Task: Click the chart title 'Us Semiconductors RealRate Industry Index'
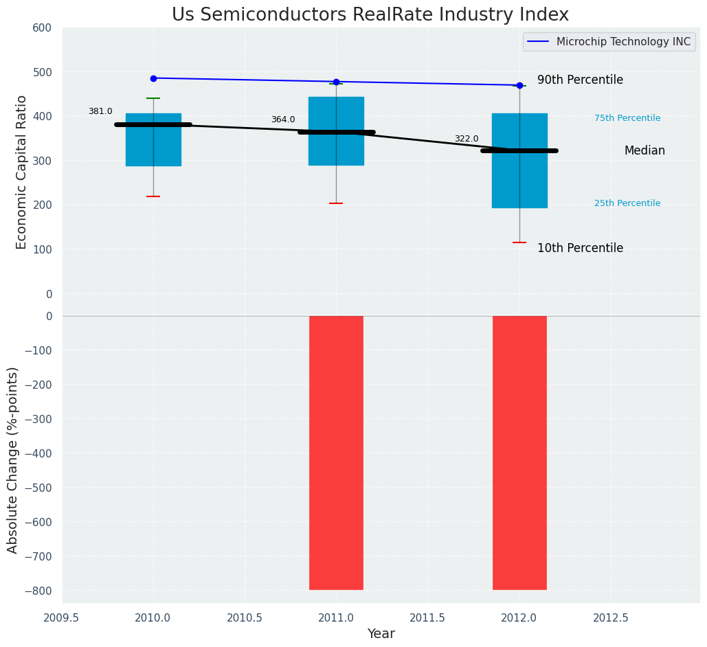[x=370, y=15]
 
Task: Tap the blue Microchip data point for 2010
[x=153, y=78]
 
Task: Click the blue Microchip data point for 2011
[x=336, y=82]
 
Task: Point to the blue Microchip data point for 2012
[x=519, y=85]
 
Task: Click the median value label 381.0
[x=100, y=111]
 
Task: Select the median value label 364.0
[x=283, y=120]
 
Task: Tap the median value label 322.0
[x=467, y=139]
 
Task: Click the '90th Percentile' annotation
[x=580, y=80]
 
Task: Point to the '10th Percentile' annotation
[x=580, y=249]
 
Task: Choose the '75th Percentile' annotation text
[x=627, y=118]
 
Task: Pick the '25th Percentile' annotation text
[x=627, y=203]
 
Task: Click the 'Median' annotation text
[x=644, y=151]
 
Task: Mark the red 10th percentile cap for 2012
[x=519, y=242]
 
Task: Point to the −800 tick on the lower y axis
[x=38, y=591]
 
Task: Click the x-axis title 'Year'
[x=381, y=634]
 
